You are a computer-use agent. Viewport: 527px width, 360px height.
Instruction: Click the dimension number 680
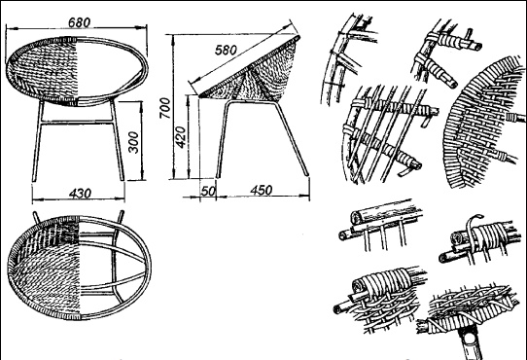[x=80, y=22]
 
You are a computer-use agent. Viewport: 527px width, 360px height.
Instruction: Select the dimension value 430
[x=80, y=194]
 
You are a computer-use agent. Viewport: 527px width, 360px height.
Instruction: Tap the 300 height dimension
[x=133, y=142]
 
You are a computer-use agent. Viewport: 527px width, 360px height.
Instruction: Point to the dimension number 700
[x=164, y=108]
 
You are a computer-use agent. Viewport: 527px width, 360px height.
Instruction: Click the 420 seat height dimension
[x=181, y=137]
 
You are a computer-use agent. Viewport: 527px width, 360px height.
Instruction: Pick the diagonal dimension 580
[x=226, y=51]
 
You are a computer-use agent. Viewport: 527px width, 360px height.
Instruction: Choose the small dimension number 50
[x=208, y=191]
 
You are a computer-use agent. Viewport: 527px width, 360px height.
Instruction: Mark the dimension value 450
[x=262, y=191]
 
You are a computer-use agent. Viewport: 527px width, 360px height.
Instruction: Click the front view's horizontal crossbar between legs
[x=77, y=122]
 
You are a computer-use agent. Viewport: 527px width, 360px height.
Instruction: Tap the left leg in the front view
[x=37, y=141]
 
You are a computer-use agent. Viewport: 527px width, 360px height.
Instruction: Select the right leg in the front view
[x=118, y=140]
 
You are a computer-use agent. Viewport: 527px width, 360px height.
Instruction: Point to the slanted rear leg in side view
[x=291, y=139]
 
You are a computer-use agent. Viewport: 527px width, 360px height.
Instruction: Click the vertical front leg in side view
[x=222, y=140]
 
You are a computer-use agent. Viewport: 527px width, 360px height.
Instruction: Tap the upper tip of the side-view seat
[x=298, y=36]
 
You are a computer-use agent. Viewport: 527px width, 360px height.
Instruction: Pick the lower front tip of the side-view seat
[x=201, y=96]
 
